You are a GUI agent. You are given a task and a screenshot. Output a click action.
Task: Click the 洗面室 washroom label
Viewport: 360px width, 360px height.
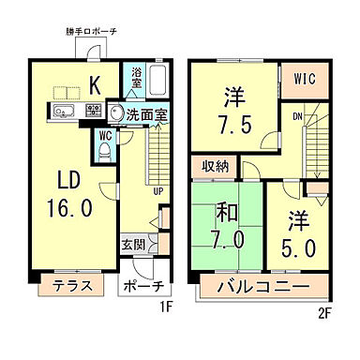pos(147,114)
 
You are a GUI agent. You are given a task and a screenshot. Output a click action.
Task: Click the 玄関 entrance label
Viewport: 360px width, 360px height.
pos(133,247)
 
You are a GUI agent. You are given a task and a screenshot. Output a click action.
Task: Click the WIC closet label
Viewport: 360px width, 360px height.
pos(304,77)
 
